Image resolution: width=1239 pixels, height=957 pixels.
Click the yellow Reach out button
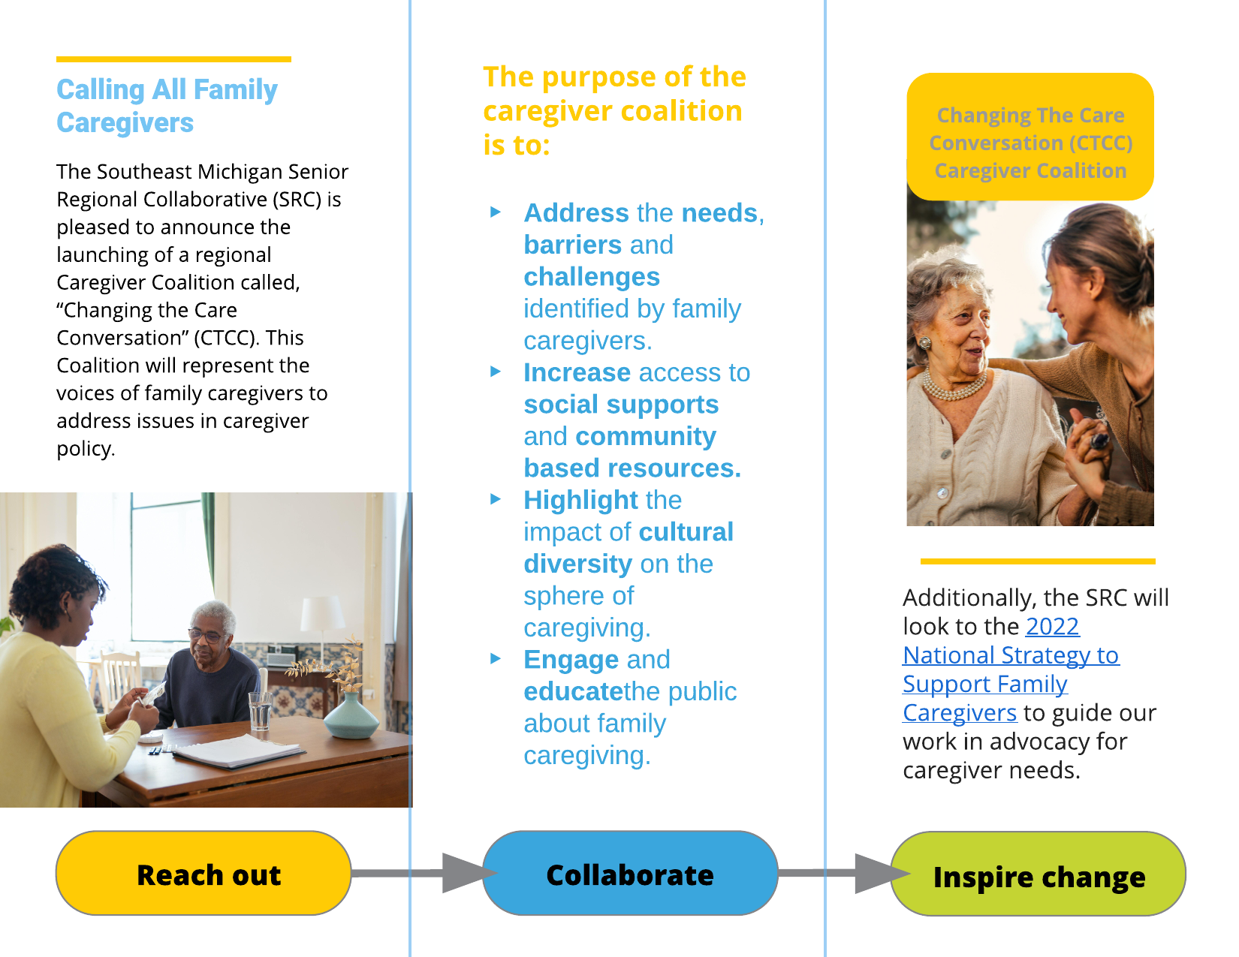pos(203,873)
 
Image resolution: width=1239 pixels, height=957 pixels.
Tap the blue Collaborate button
pos(629,873)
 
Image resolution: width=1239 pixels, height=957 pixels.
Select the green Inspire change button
pos(1038,874)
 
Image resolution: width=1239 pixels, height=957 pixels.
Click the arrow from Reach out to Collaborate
pos(436,873)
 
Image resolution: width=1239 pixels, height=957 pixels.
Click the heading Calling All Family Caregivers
pos(167,106)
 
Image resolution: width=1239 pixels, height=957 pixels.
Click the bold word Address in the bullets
pos(576,213)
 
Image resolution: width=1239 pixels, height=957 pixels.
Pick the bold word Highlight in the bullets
pos(580,500)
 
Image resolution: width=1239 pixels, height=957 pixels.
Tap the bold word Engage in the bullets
pos(571,660)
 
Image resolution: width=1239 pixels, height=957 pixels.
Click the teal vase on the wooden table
pos(351,716)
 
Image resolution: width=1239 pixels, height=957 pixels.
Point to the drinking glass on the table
pos(260,710)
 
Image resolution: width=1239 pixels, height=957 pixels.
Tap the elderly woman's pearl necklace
pos(954,387)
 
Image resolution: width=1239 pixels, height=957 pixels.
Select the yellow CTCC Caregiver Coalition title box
pos(1029,137)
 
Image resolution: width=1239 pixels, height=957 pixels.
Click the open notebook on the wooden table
pos(237,751)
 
